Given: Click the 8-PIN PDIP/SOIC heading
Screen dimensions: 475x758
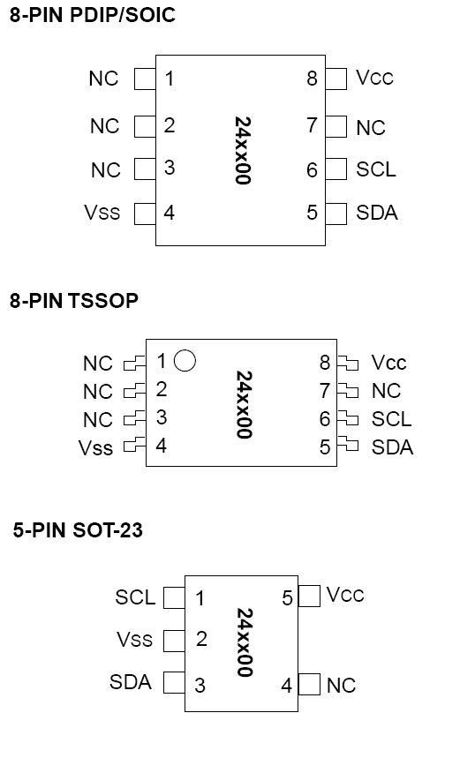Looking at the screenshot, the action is pos(93,15).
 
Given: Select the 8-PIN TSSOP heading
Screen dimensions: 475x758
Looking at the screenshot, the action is pos(74,301).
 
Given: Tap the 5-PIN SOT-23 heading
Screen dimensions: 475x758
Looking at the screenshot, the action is pos(78,530).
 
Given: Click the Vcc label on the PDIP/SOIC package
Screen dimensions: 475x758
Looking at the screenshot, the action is pos(374,78).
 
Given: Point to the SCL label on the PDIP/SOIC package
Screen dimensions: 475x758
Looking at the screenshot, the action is pos(376,169).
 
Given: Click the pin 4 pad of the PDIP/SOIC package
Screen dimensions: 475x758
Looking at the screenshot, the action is pos(145,214).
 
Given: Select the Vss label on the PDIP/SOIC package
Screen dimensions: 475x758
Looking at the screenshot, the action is pos(102,212).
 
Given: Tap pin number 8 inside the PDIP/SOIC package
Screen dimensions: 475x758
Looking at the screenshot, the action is pos(312,79).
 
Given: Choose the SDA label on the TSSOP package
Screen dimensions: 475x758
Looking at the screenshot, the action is pos(392,447).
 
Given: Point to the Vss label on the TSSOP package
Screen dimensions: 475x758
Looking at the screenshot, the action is pos(95,448).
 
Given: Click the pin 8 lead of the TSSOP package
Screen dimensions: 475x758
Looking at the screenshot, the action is pos(348,363).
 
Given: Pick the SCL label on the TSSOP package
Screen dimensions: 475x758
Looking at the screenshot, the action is pos(391,419).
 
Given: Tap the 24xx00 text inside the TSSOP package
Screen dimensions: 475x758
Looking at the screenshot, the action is pos(245,405).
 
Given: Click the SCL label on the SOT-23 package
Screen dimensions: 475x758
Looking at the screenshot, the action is pos(135,597).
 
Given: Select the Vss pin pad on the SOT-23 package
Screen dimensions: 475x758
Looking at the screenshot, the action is pos(174,641).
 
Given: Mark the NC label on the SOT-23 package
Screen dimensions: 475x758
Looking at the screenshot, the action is pos(341,686).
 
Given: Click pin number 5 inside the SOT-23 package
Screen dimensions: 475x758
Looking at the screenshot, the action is pos(287,598).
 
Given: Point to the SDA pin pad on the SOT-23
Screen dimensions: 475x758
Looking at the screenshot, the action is pos(174,683).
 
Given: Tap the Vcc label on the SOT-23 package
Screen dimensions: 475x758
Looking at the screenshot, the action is pos(345,595).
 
